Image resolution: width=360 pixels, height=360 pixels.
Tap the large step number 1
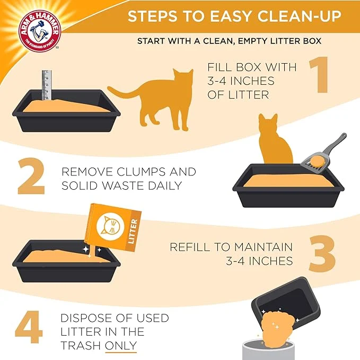pyautogui.click(x=319, y=75)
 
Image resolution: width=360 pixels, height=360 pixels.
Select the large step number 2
pyautogui.click(x=31, y=176)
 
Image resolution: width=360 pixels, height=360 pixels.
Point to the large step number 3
pyautogui.click(x=322, y=253)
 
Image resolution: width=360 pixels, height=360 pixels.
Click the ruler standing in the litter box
pyautogui.click(x=47, y=85)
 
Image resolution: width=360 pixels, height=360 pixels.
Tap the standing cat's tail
pyautogui.click(x=124, y=91)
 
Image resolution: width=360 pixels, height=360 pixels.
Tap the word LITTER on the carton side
pyautogui.click(x=133, y=231)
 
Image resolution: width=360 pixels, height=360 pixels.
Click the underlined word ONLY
pyautogui.click(x=121, y=346)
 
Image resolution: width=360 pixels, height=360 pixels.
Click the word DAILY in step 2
pyautogui.click(x=165, y=186)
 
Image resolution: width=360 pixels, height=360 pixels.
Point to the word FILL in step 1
pyautogui.click(x=220, y=67)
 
